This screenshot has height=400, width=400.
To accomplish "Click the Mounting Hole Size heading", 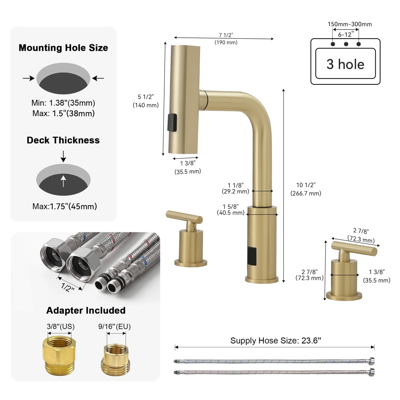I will point(63,48).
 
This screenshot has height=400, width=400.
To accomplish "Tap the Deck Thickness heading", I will point(63,140).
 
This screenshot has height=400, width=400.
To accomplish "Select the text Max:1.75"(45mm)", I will point(64,206).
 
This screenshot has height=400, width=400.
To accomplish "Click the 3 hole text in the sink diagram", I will point(345,64).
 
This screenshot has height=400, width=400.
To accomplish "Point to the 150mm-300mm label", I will point(349,24).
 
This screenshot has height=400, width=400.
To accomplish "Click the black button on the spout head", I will point(172,122).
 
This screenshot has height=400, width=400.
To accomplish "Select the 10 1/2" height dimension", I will point(306,185).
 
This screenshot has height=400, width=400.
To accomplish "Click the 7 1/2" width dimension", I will point(226,35).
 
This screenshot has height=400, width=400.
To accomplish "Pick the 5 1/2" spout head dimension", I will point(146,97).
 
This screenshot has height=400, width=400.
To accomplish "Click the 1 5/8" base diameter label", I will point(230,206).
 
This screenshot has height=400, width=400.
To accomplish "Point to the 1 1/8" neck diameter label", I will point(235,185).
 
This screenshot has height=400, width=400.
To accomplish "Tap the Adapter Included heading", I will point(86,310).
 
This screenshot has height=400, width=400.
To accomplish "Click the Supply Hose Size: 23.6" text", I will point(275,340).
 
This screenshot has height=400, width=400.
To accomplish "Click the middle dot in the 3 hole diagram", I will point(346,44).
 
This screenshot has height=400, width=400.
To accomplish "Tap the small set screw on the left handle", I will point(194,228).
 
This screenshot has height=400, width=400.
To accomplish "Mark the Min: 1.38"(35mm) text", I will point(63,103).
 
